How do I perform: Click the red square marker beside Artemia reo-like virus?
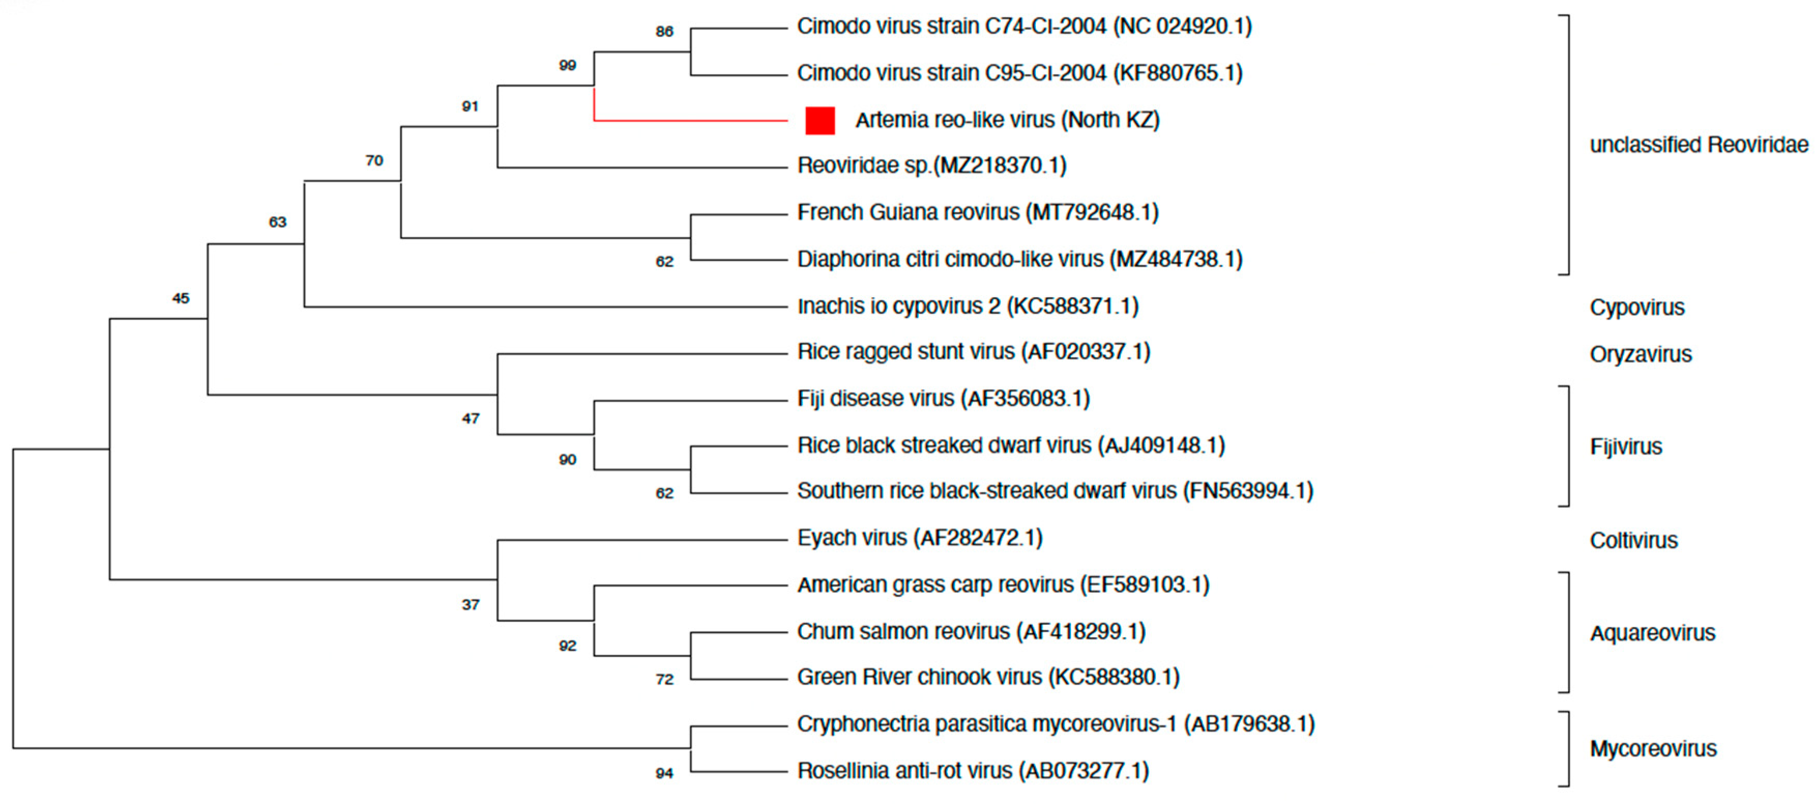pos(820,121)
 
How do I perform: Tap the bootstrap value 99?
pos(567,66)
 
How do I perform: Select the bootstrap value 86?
pos(664,32)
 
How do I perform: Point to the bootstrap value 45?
pos(180,299)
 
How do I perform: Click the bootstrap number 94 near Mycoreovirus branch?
pos(664,773)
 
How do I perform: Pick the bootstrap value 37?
pos(471,605)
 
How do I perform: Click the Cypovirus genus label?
pos(1637,308)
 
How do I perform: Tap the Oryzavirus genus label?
pos(1640,355)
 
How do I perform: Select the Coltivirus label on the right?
pos(1633,540)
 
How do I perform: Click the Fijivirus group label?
pos(1626,447)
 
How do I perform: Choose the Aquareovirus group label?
pos(1652,634)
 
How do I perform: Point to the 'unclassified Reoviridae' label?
pos(1699,145)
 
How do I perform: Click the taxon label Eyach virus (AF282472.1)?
pos(919,538)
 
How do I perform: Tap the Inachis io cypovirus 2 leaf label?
pos(968,306)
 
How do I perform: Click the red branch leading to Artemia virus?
pos(691,121)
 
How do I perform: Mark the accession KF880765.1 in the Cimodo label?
pos(1177,74)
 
